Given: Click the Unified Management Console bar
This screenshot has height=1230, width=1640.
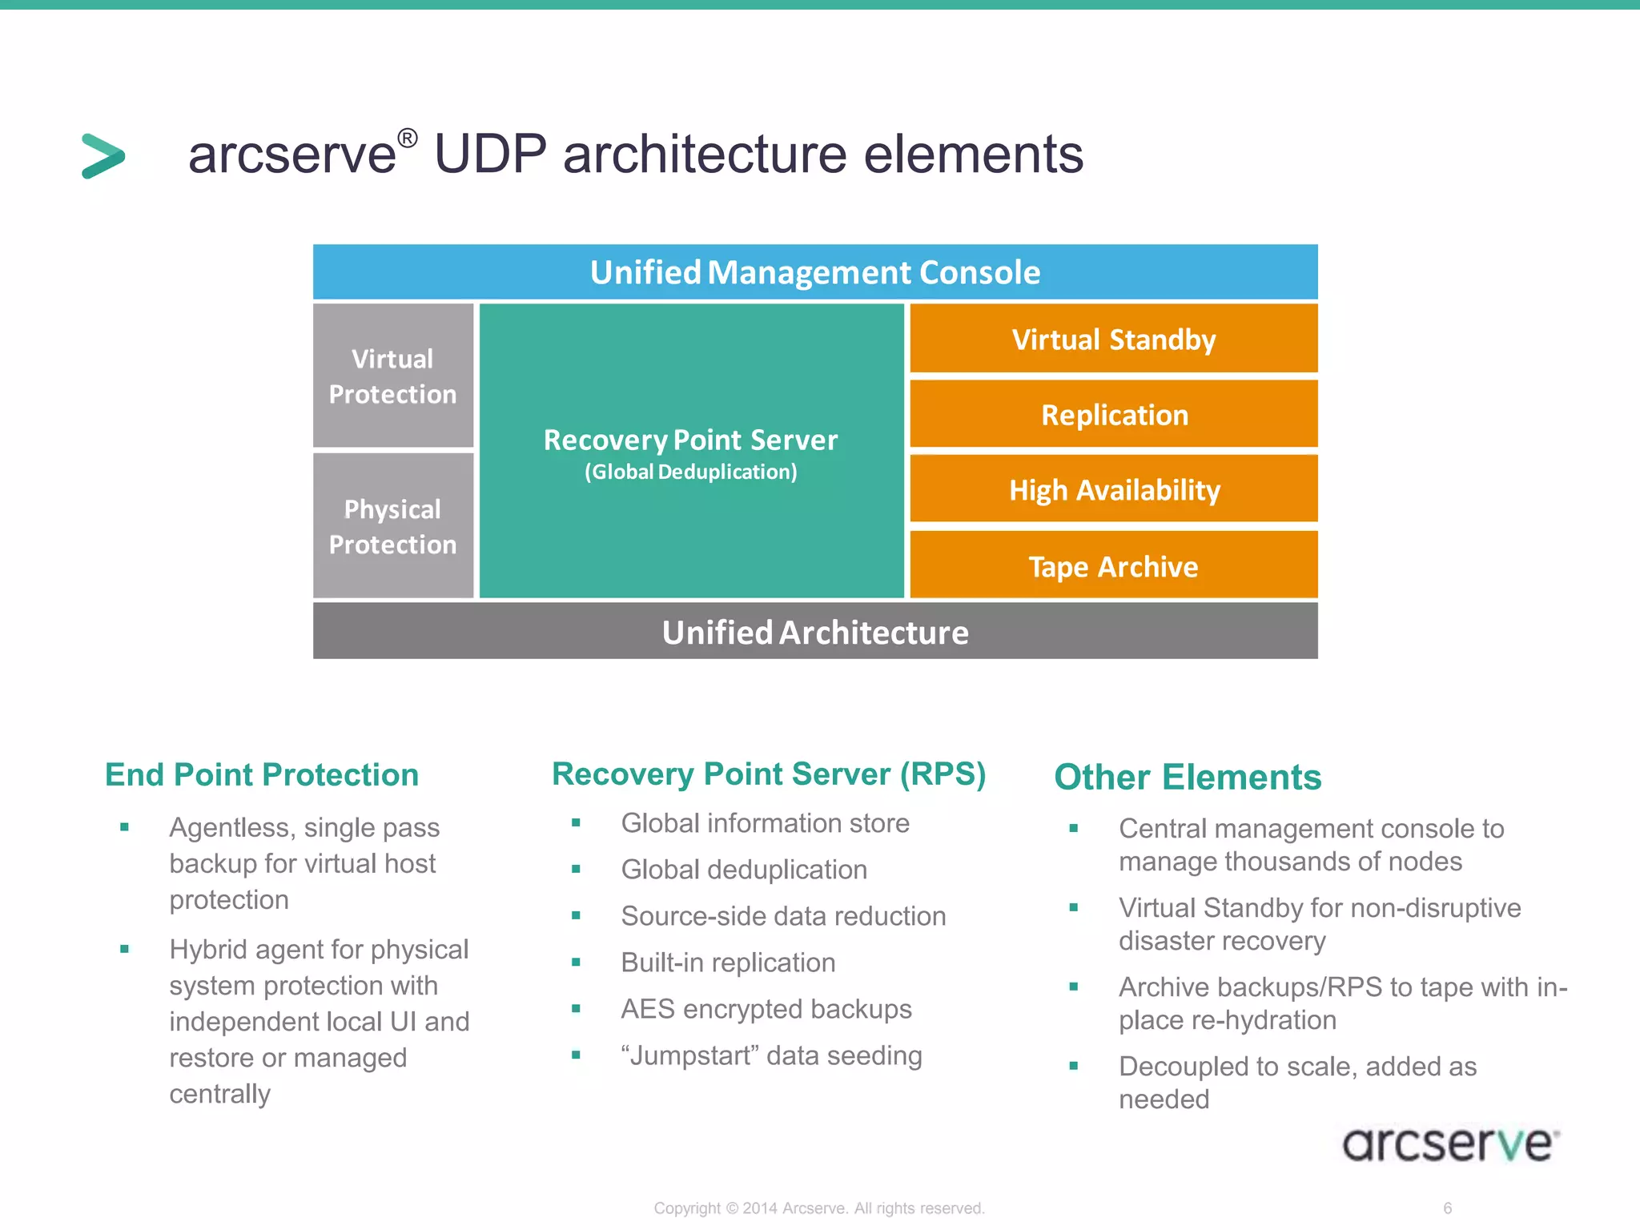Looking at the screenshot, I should coord(814,272).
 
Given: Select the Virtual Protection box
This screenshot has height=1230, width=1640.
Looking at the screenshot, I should coord(392,376).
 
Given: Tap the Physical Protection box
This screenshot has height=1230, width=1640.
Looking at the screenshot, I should coord(392,526).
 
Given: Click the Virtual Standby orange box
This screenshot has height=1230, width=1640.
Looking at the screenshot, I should coord(1113,339).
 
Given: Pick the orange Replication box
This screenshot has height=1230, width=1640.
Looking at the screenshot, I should coord(1113,414).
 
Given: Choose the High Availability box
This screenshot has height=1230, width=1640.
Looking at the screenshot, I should coord(1113,489).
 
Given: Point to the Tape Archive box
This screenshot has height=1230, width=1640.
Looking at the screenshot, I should coord(1113,566).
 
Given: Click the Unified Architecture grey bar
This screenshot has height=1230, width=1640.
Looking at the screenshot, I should coord(814,632).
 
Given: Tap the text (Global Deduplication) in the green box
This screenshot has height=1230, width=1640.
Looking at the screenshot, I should coord(690,472).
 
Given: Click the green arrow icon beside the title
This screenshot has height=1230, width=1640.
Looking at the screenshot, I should coord(103,155).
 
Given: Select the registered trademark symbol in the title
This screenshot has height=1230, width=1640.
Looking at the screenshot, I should coord(407,138).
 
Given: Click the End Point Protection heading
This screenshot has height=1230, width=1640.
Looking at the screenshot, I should coord(262,774).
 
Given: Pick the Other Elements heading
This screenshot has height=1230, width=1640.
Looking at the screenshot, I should coord(1188,777).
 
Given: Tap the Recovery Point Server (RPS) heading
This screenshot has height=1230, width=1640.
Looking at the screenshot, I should coord(769,774).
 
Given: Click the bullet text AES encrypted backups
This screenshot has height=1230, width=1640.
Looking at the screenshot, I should coord(766,1009).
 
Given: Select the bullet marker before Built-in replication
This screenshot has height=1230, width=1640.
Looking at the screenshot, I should coord(576,963).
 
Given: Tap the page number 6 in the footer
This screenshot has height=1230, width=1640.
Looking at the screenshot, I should coord(1447,1208).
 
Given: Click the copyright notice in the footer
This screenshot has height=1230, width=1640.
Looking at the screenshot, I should coord(818,1208).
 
